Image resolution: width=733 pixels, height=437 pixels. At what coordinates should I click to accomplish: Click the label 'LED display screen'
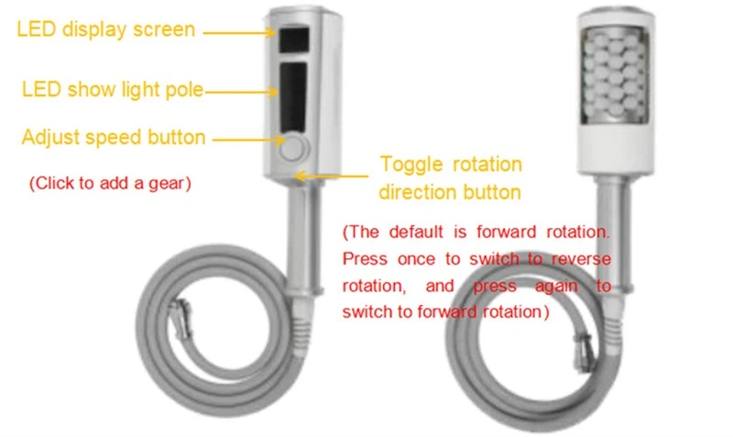tap(105, 29)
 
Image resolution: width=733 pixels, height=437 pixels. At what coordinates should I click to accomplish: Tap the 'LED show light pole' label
tap(113, 89)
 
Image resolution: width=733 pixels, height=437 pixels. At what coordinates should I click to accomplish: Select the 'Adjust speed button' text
tap(114, 137)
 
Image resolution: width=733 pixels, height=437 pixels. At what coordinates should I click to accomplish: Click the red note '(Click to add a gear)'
tap(110, 182)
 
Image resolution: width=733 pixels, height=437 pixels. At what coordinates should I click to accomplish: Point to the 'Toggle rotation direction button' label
tap(450, 178)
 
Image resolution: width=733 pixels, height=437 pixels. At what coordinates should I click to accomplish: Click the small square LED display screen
tap(294, 39)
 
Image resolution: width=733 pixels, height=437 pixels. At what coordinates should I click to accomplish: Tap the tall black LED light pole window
tap(293, 97)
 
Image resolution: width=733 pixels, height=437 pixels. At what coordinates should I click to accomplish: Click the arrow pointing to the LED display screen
tap(239, 33)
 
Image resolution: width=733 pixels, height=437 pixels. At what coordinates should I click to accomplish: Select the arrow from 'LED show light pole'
tap(241, 92)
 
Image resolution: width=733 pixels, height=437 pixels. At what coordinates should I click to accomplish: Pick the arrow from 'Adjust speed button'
tap(248, 139)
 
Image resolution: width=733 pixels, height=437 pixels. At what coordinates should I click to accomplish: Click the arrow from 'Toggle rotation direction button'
tap(332, 176)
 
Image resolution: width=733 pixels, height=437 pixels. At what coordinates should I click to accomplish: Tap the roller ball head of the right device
tap(614, 74)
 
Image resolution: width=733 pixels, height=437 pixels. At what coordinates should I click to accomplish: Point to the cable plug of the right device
tap(584, 353)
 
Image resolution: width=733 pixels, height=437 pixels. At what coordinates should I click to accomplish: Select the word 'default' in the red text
tap(416, 232)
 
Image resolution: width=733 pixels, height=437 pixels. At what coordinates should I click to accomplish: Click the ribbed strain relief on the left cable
tap(301, 333)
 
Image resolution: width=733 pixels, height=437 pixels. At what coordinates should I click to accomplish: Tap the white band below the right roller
tap(616, 148)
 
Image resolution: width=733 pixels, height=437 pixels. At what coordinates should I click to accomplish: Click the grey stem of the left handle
tap(305, 238)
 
